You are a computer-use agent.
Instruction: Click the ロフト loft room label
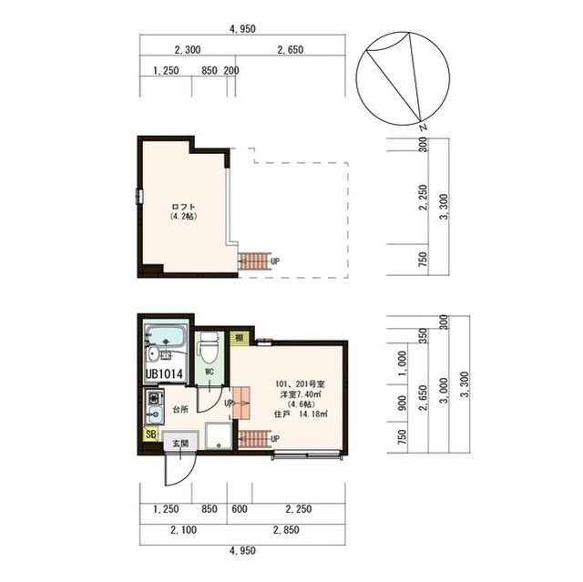(184, 207)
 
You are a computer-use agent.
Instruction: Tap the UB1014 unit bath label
(164, 373)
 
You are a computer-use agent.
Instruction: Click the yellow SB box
(151, 434)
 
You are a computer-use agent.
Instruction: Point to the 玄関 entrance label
(180, 444)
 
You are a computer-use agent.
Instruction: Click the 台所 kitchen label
(180, 410)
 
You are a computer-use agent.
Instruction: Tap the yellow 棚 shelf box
(239, 338)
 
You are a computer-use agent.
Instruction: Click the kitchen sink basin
(155, 414)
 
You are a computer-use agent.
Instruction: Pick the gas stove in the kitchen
(155, 397)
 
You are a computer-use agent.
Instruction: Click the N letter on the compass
(423, 128)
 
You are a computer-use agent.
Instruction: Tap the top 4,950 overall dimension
(242, 28)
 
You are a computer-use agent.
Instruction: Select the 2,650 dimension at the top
(291, 49)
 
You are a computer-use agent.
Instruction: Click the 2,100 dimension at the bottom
(183, 529)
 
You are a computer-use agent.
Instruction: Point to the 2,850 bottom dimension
(286, 529)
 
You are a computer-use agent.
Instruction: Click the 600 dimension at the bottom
(240, 509)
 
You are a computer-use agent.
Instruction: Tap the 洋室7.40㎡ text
(301, 394)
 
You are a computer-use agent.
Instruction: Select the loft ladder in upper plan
(254, 261)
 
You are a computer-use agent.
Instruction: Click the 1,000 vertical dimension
(403, 363)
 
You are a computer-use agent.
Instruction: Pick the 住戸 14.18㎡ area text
(301, 414)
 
